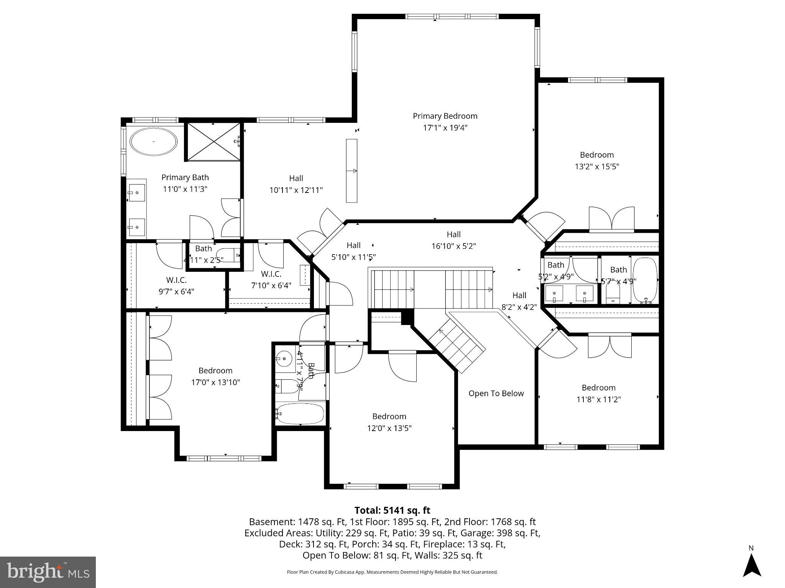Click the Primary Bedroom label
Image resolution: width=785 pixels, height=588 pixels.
445,116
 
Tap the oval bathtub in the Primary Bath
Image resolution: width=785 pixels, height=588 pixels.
153,142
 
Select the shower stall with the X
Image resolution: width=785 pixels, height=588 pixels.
213,142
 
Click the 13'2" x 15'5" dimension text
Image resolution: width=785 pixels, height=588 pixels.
597,167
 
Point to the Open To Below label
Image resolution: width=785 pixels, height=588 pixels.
496,394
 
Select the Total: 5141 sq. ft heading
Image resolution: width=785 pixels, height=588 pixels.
392,510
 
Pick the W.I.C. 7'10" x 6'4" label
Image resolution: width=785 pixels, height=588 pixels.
271,280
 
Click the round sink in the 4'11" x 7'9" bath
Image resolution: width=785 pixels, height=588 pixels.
284,359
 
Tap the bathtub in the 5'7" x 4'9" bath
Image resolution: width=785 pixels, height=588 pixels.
645,281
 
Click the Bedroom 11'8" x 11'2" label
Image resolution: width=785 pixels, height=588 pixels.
598,394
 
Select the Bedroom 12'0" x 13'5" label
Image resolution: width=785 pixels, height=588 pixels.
389,422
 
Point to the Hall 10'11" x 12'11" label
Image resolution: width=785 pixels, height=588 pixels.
296,184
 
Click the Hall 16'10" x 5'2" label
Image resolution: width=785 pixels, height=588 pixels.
453,240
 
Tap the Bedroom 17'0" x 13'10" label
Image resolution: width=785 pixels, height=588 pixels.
215,376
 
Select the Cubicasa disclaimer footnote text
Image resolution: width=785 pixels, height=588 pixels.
392,572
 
